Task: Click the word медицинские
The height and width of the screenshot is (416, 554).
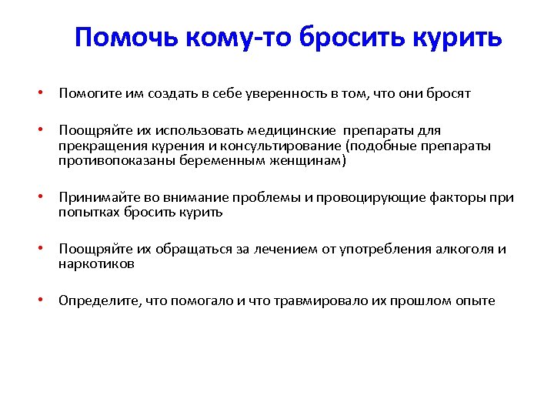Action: point(301,131)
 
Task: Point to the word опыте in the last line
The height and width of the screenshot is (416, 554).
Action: point(476,301)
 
